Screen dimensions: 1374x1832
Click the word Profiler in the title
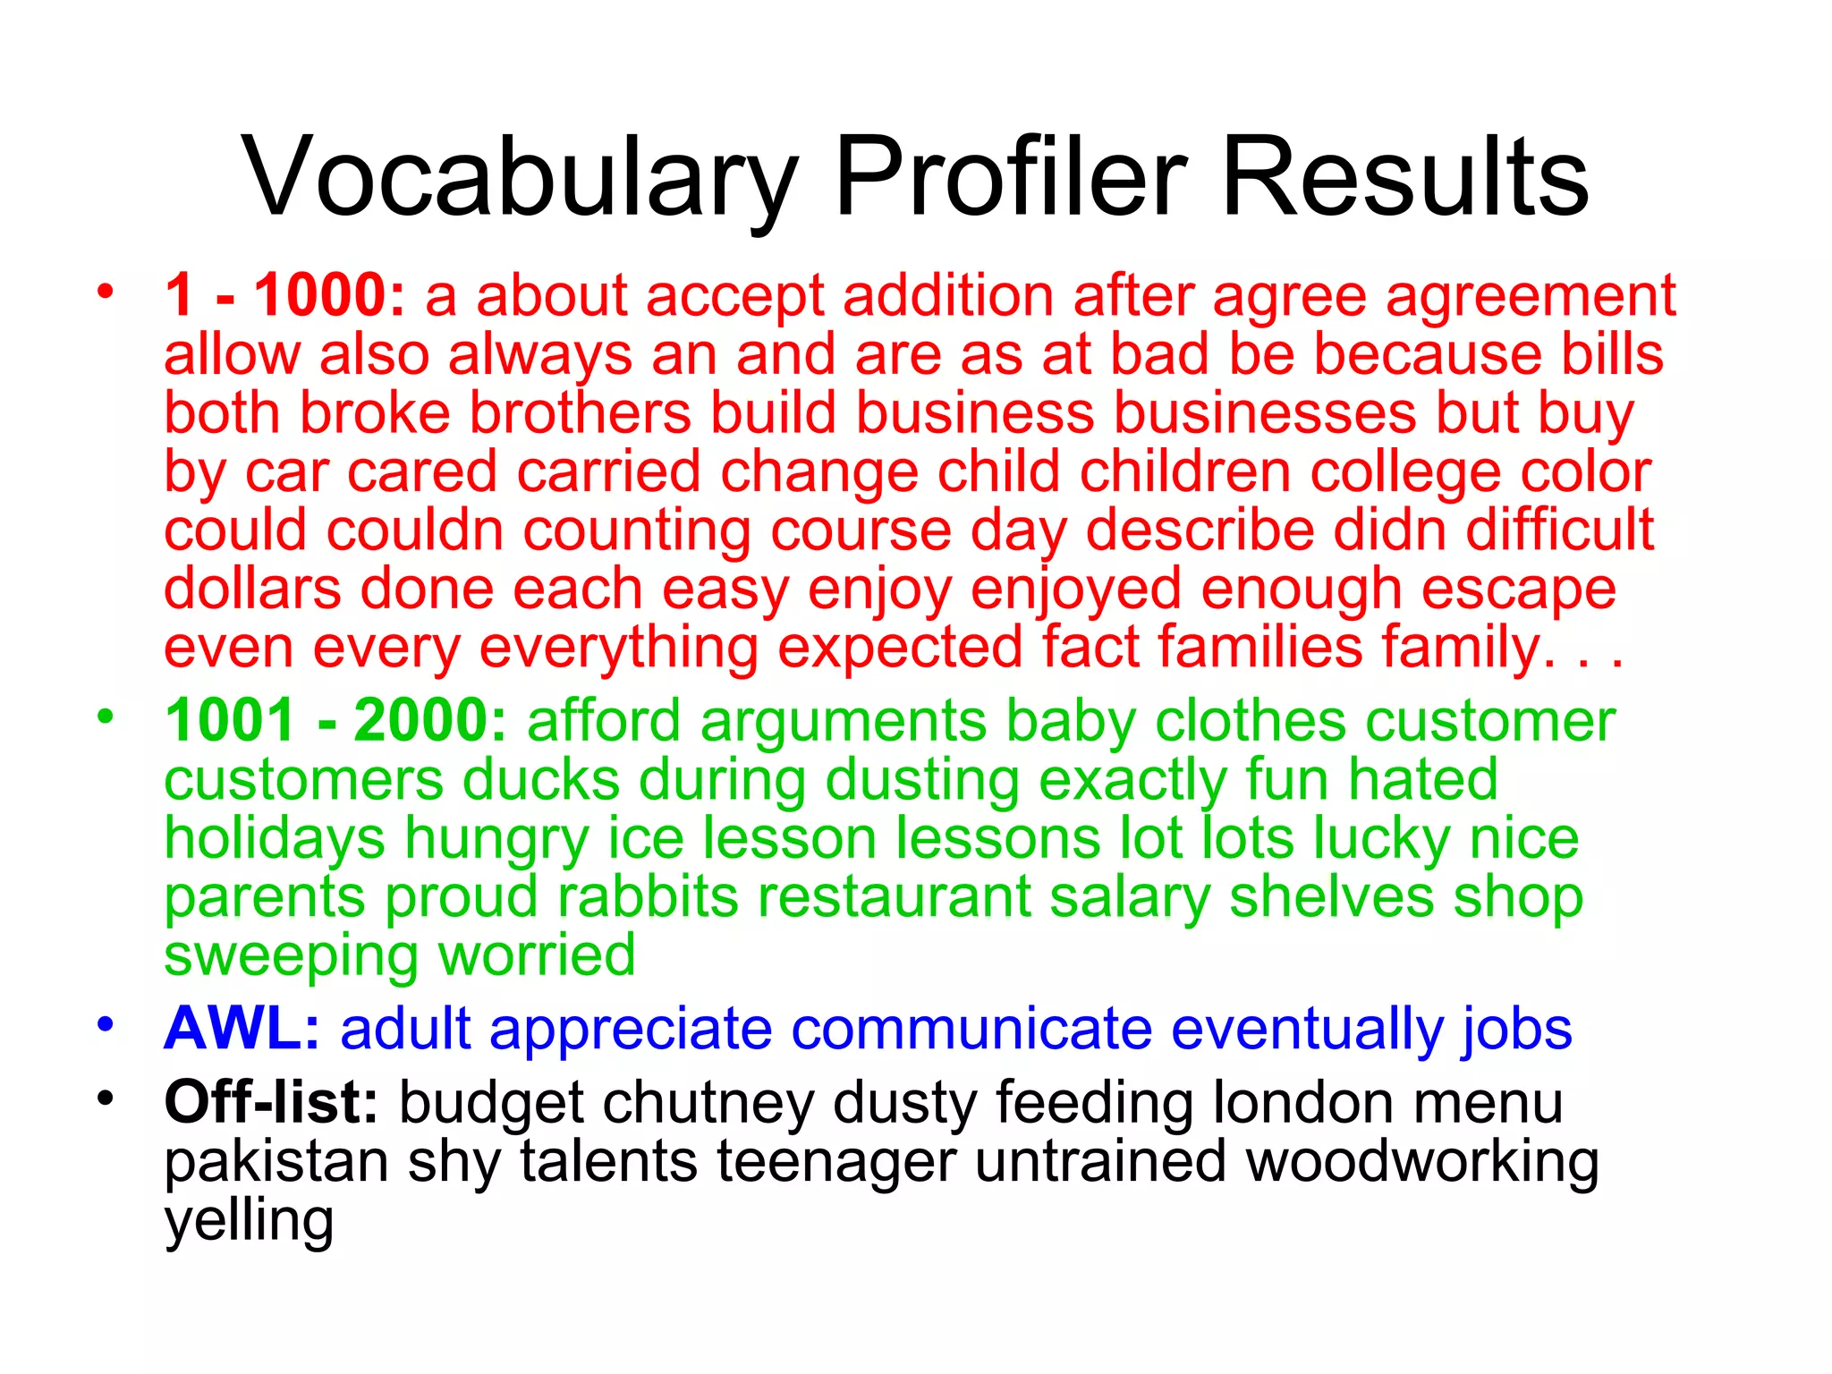click(1011, 177)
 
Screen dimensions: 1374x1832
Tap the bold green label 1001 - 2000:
click(336, 721)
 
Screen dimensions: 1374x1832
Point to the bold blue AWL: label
click(242, 1029)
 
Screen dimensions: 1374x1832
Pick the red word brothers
click(581, 413)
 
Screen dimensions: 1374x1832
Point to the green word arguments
click(844, 723)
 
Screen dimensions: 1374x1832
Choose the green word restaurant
click(895, 898)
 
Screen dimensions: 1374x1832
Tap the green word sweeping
click(292, 957)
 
